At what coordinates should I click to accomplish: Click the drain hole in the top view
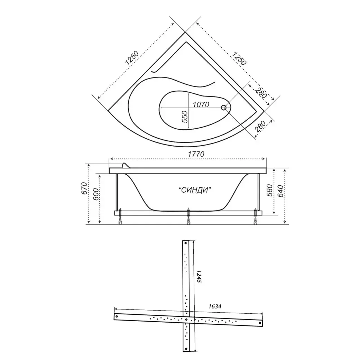pyautogui.click(x=224, y=108)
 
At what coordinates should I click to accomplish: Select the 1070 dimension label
pyautogui.click(x=201, y=105)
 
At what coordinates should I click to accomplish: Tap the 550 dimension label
pyautogui.click(x=185, y=117)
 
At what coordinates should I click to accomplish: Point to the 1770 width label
pyautogui.click(x=196, y=154)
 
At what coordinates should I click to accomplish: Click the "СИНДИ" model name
pyautogui.click(x=195, y=190)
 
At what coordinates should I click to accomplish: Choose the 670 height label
pyautogui.click(x=84, y=188)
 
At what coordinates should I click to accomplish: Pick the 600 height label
pyautogui.click(x=95, y=194)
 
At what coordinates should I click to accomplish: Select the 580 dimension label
pyautogui.click(x=269, y=190)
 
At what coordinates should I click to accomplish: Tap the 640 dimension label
pyautogui.click(x=280, y=191)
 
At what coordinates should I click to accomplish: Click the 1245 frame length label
pyautogui.click(x=199, y=276)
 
